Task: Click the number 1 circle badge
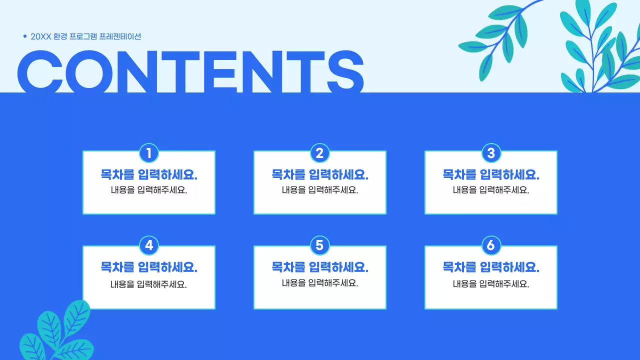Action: tap(149, 153)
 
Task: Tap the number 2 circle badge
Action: tap(320, 153)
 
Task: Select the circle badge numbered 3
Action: tap(491, 153)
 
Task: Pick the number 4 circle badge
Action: tap(149, 245)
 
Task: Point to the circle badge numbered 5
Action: tap(320, 245)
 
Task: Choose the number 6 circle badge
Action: tap(491, 245)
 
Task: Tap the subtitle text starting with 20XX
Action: tap(86, 36)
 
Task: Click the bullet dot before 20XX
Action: tap(25, 36)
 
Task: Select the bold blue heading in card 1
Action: tap(149, 175)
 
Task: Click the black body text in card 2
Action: tap(320, 190)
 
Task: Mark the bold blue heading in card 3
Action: tap(491, 175)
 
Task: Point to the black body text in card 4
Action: tap(149, 284)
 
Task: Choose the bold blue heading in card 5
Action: tap(320, 267)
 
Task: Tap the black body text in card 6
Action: tap(491, 284)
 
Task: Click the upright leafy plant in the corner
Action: tap(597, 47)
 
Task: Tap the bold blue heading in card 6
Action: tap(491, 267)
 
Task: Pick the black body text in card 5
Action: tap(320, 283)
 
